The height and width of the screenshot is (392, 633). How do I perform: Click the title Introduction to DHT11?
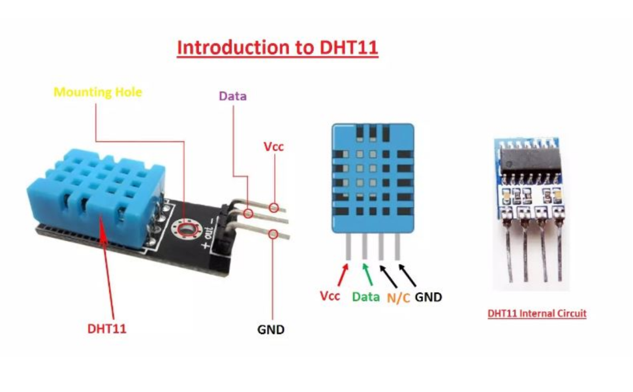(x=277, y=48)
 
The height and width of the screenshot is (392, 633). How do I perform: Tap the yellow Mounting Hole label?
(x=97, y=92)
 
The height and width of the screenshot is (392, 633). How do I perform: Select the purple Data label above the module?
(x=232, y=96)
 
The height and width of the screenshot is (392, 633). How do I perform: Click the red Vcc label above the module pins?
(x=273, y=147)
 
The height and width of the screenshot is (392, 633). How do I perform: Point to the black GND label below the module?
(x=270, y=329)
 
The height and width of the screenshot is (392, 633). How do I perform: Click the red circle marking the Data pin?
(x=248, y=213)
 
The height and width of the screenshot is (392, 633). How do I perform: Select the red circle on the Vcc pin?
(x=274, y=208)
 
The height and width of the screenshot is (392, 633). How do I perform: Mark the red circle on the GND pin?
(x=273, y=234)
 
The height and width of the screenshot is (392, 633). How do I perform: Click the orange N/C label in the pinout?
(x=398, y=298)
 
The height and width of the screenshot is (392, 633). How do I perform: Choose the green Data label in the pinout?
(x=365, y=297)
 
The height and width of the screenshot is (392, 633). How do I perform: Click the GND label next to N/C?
(x=428, y=297)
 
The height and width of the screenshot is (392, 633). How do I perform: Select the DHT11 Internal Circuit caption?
(x=536, y=314)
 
